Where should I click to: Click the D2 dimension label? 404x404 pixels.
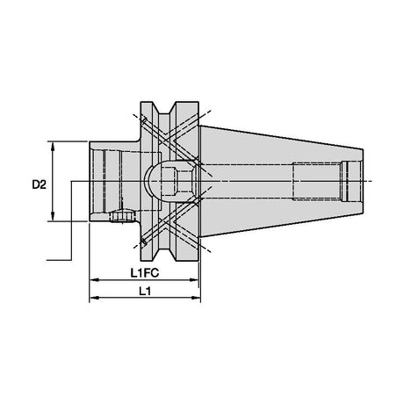pyautogui.click(x=40, y=184)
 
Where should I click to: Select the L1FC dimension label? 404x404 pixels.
pyautogui.click(x=145, y=273)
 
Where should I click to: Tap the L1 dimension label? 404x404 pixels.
pyautogui.click(x=145, y=291)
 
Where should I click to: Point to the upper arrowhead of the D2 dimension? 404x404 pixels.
pyautogui.click(x=53, y=147)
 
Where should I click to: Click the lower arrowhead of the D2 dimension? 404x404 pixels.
pyautogui.click(x=53, y=216)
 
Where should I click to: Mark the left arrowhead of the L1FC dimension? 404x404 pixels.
pyautogui.click(x=94, y=280)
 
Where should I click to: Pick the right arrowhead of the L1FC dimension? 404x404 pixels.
pyautogui.click(x=194, y=280)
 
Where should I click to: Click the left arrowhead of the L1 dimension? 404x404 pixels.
pyautogui.click(x=94, y=298)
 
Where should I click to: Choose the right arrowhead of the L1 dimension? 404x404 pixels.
pyautogui.click(x=196, y=298)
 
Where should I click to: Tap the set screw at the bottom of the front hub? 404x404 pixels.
pyautogui.click(x=122, y=216)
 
